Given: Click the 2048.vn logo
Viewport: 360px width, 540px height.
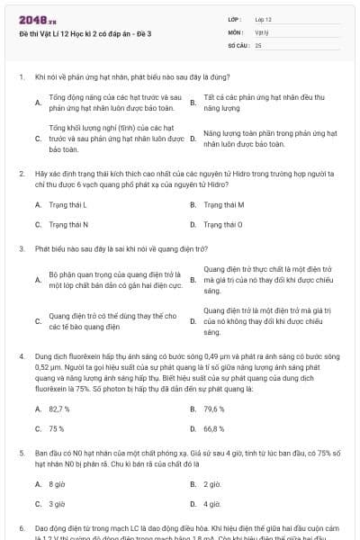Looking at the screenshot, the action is pos(32,18).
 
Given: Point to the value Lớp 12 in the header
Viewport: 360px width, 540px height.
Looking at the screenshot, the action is pos(263,18).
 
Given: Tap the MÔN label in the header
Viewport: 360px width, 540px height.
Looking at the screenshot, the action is pos(235,31).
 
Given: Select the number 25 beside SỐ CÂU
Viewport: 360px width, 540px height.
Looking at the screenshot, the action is pos(258,43).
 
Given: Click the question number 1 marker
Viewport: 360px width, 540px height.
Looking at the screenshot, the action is pos(21,77).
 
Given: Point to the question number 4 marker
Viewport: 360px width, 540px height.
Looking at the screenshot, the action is pos(21,355).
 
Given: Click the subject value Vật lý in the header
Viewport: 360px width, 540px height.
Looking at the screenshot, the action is pos(262,31).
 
